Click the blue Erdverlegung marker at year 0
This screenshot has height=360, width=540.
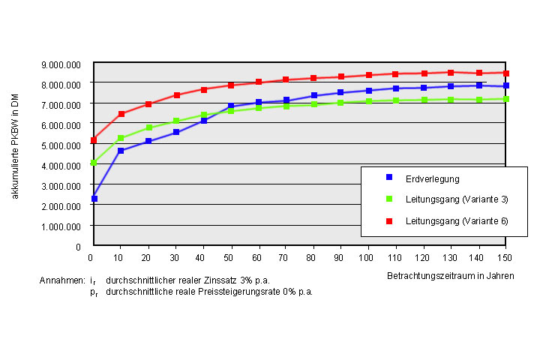coord(94,199)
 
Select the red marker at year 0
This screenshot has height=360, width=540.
coord(94,139)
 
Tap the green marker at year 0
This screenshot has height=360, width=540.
coord(94,163)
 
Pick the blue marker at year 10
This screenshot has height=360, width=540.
coord(121,151)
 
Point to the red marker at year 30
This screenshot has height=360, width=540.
coord(177,95)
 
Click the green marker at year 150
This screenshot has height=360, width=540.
coord(506,99)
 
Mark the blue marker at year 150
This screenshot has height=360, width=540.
coord(506,85)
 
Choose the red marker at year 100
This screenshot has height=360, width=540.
coord(369,75)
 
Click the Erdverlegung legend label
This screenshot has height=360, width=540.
coord(433,179)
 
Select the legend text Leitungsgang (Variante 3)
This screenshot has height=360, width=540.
coord(457,199)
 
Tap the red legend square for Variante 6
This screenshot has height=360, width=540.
coord(389,221)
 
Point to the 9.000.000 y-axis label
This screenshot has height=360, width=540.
coord(61,64)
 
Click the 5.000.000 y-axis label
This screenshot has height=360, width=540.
coord(61,145)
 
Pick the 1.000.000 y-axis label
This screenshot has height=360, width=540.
coord(61,226)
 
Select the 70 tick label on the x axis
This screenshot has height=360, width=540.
coord(283,258)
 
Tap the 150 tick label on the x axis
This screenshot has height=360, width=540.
coord(505,258)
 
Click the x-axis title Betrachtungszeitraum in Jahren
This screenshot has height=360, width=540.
coord(451,276)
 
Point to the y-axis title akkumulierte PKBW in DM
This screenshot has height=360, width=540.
coord(15,146)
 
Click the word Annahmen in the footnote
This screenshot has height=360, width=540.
coord(62,280)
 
